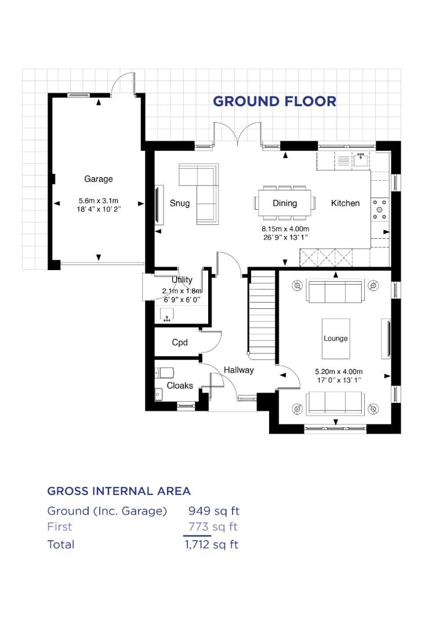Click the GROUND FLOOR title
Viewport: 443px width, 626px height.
pyautogui.click(x=274, y=101)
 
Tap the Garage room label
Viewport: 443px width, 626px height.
pyautogui.click(x=99, y=179)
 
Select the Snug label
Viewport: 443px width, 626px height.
pyautogui.click(x=180, y=203)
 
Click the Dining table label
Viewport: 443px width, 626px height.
pyautogui.click(x=285, y=203)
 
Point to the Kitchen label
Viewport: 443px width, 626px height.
pyautogui.click(x=345, y=203)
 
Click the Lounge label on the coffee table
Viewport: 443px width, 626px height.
pyautogui.click(x=336, y=339)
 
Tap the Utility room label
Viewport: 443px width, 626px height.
pyautogui.click(x=181, y=280)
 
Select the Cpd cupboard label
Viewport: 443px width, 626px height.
pyautogui.click(x=180, y=343)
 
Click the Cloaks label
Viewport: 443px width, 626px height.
pyautogui.click(x=180, y=385)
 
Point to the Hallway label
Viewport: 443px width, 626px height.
pyautogui.click(x=239, y=370)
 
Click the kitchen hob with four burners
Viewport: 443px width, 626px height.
pyautogui.click(x=381, y=209)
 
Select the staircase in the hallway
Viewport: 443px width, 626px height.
pyautogui.click(x=262, y=313)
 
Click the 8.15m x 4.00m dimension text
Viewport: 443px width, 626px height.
pyautogui.click(x=285, y=229)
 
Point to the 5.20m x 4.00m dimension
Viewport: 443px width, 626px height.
pyautogui.click(x=338, y=372)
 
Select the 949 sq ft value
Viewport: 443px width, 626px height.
pyautogui.click(x=213, y=511)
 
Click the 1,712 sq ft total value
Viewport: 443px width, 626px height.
pyautogui.click(x=211, y=544)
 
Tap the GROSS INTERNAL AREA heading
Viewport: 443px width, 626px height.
pyautogui.click(x=119, y=491)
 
